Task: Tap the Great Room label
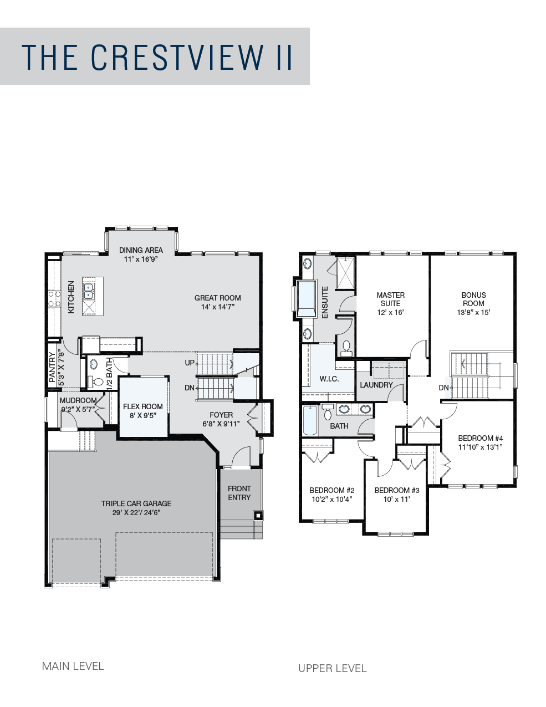coord(217,298)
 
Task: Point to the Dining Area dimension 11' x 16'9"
coord(141,260)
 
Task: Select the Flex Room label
coord(143,406)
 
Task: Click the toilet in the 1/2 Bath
coord(95,381)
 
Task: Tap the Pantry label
coord(52,367)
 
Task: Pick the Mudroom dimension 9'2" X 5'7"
coord(78,409)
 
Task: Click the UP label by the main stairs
coord(189,363)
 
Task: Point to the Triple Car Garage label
coord(136,503)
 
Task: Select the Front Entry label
coord(239,493)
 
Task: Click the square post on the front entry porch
coord(258,516)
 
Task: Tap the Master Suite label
coord(391,299)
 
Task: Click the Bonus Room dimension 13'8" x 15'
coord(473,312)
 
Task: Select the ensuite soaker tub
coord(307,298)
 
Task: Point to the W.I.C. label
coord(329,379)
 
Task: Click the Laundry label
coord(376,385)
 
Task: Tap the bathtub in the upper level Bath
coord(309,420)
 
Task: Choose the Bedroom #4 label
coord(481,438)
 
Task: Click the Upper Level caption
coord(333,668)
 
